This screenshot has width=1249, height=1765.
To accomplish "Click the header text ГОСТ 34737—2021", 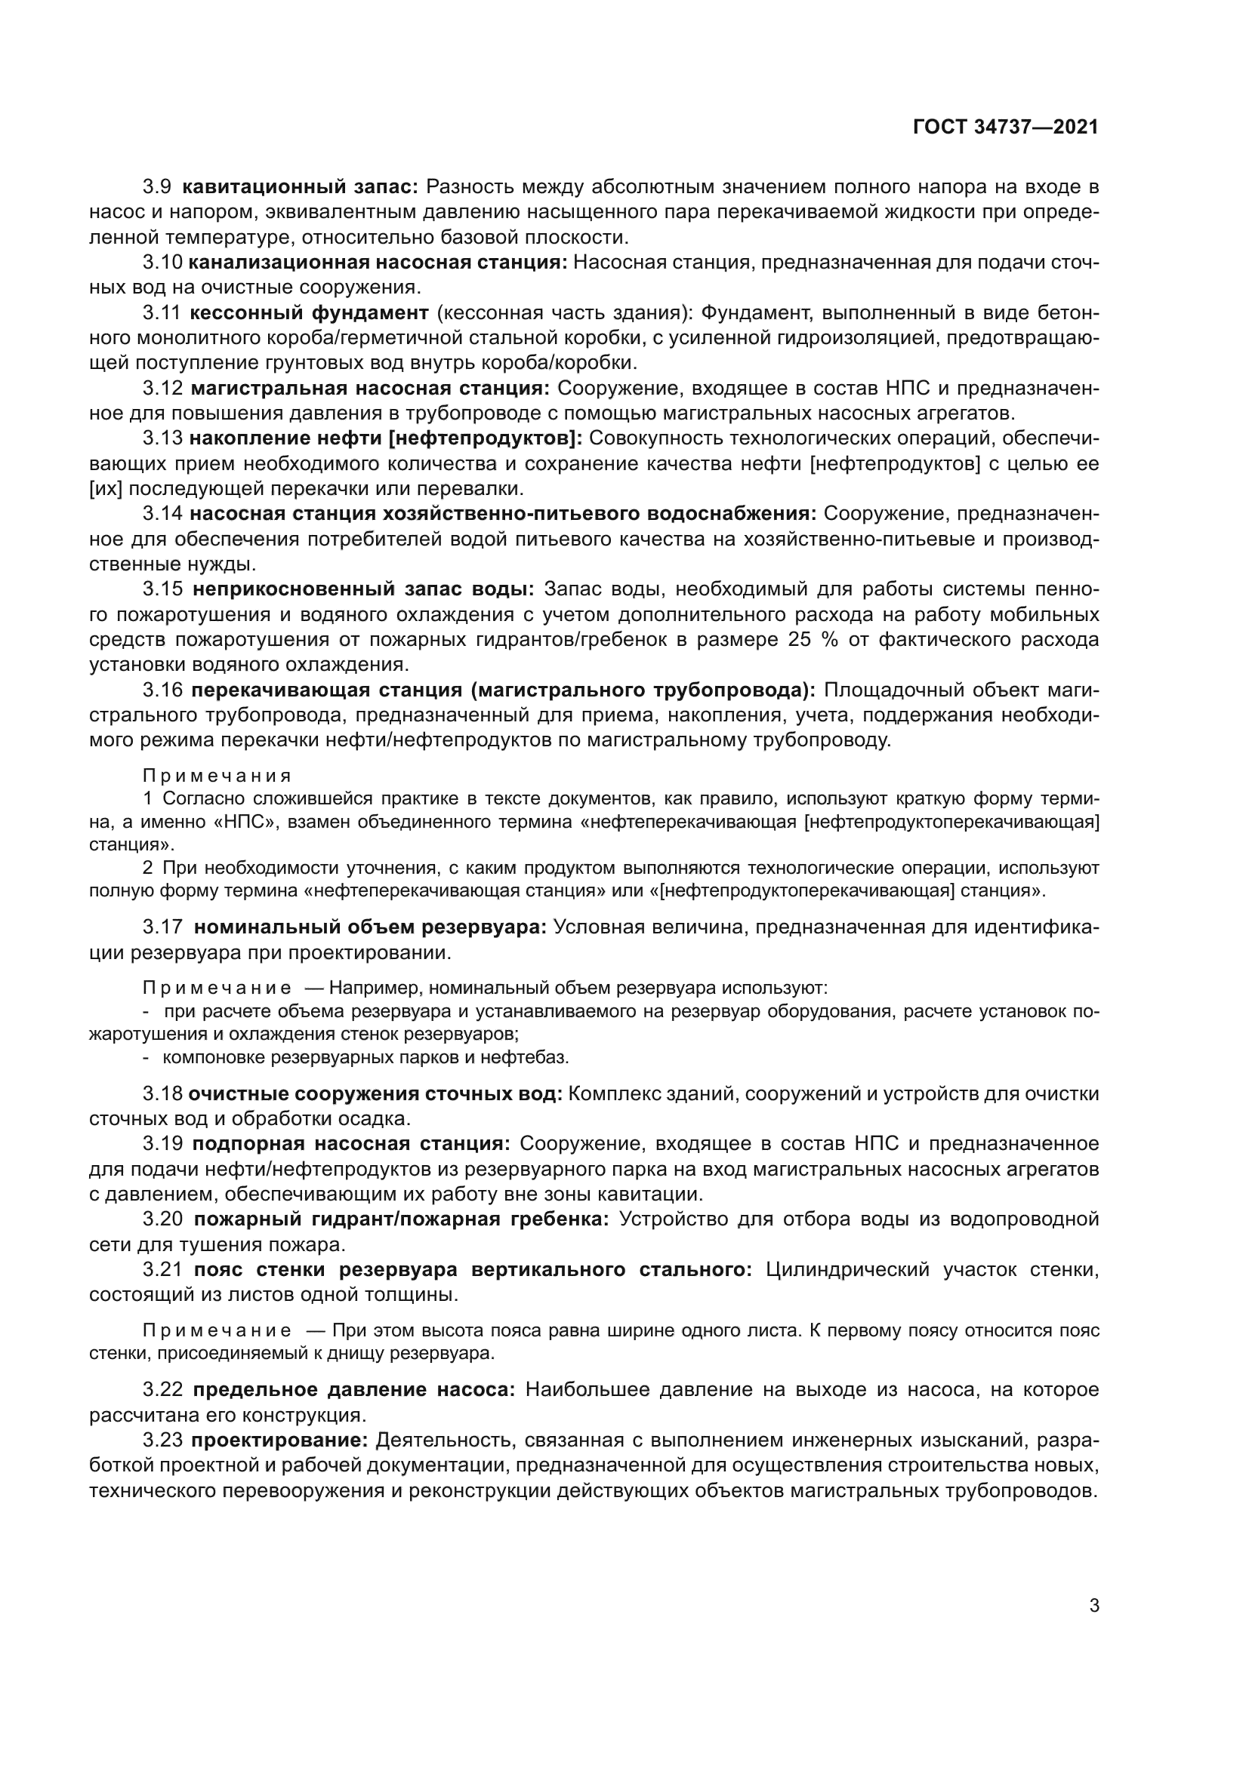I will [1005, 128].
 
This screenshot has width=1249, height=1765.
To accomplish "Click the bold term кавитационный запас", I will [300, 187].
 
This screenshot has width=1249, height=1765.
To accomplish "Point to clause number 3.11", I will [162, 313].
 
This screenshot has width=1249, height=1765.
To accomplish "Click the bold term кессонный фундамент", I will [308, 313].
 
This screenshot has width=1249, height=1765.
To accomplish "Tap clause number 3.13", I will [162, 438].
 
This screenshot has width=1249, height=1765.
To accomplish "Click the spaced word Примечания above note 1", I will [217, 776].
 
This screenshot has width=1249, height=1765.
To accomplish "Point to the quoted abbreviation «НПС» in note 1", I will [244, 822].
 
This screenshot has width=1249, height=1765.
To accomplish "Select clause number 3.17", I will [162, 927].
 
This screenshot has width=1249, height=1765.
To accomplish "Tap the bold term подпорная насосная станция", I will [350, 1144].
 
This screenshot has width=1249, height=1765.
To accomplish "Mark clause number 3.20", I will [162, 1219].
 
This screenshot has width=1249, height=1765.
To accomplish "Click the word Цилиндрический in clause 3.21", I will [847, 1269].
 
